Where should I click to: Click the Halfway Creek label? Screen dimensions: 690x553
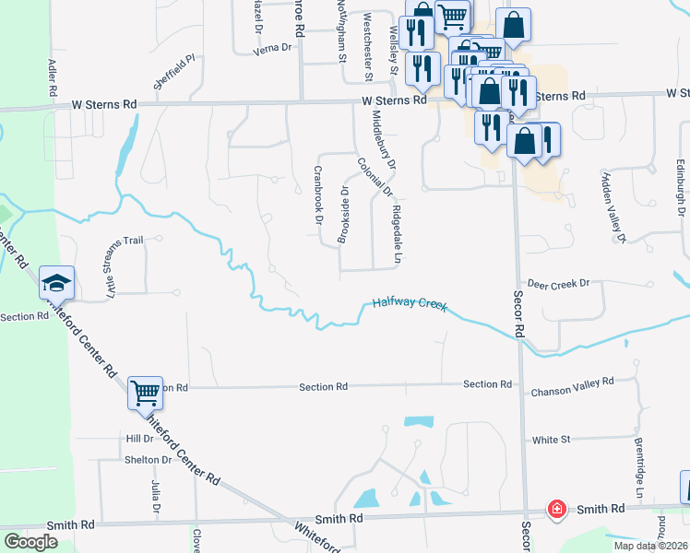point(410,303)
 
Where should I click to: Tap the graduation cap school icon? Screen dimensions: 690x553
point(56,282)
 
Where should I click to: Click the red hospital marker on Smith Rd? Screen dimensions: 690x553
point(556,509)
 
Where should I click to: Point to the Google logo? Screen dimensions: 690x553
point(30,542)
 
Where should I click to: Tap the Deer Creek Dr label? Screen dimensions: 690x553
point(557,284)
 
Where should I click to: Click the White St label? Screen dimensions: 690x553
point(552,441)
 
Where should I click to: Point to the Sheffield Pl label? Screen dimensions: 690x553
point(175,70)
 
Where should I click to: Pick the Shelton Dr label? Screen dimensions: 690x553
point(149,459)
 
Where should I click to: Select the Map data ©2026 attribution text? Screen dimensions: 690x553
point(650,546)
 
